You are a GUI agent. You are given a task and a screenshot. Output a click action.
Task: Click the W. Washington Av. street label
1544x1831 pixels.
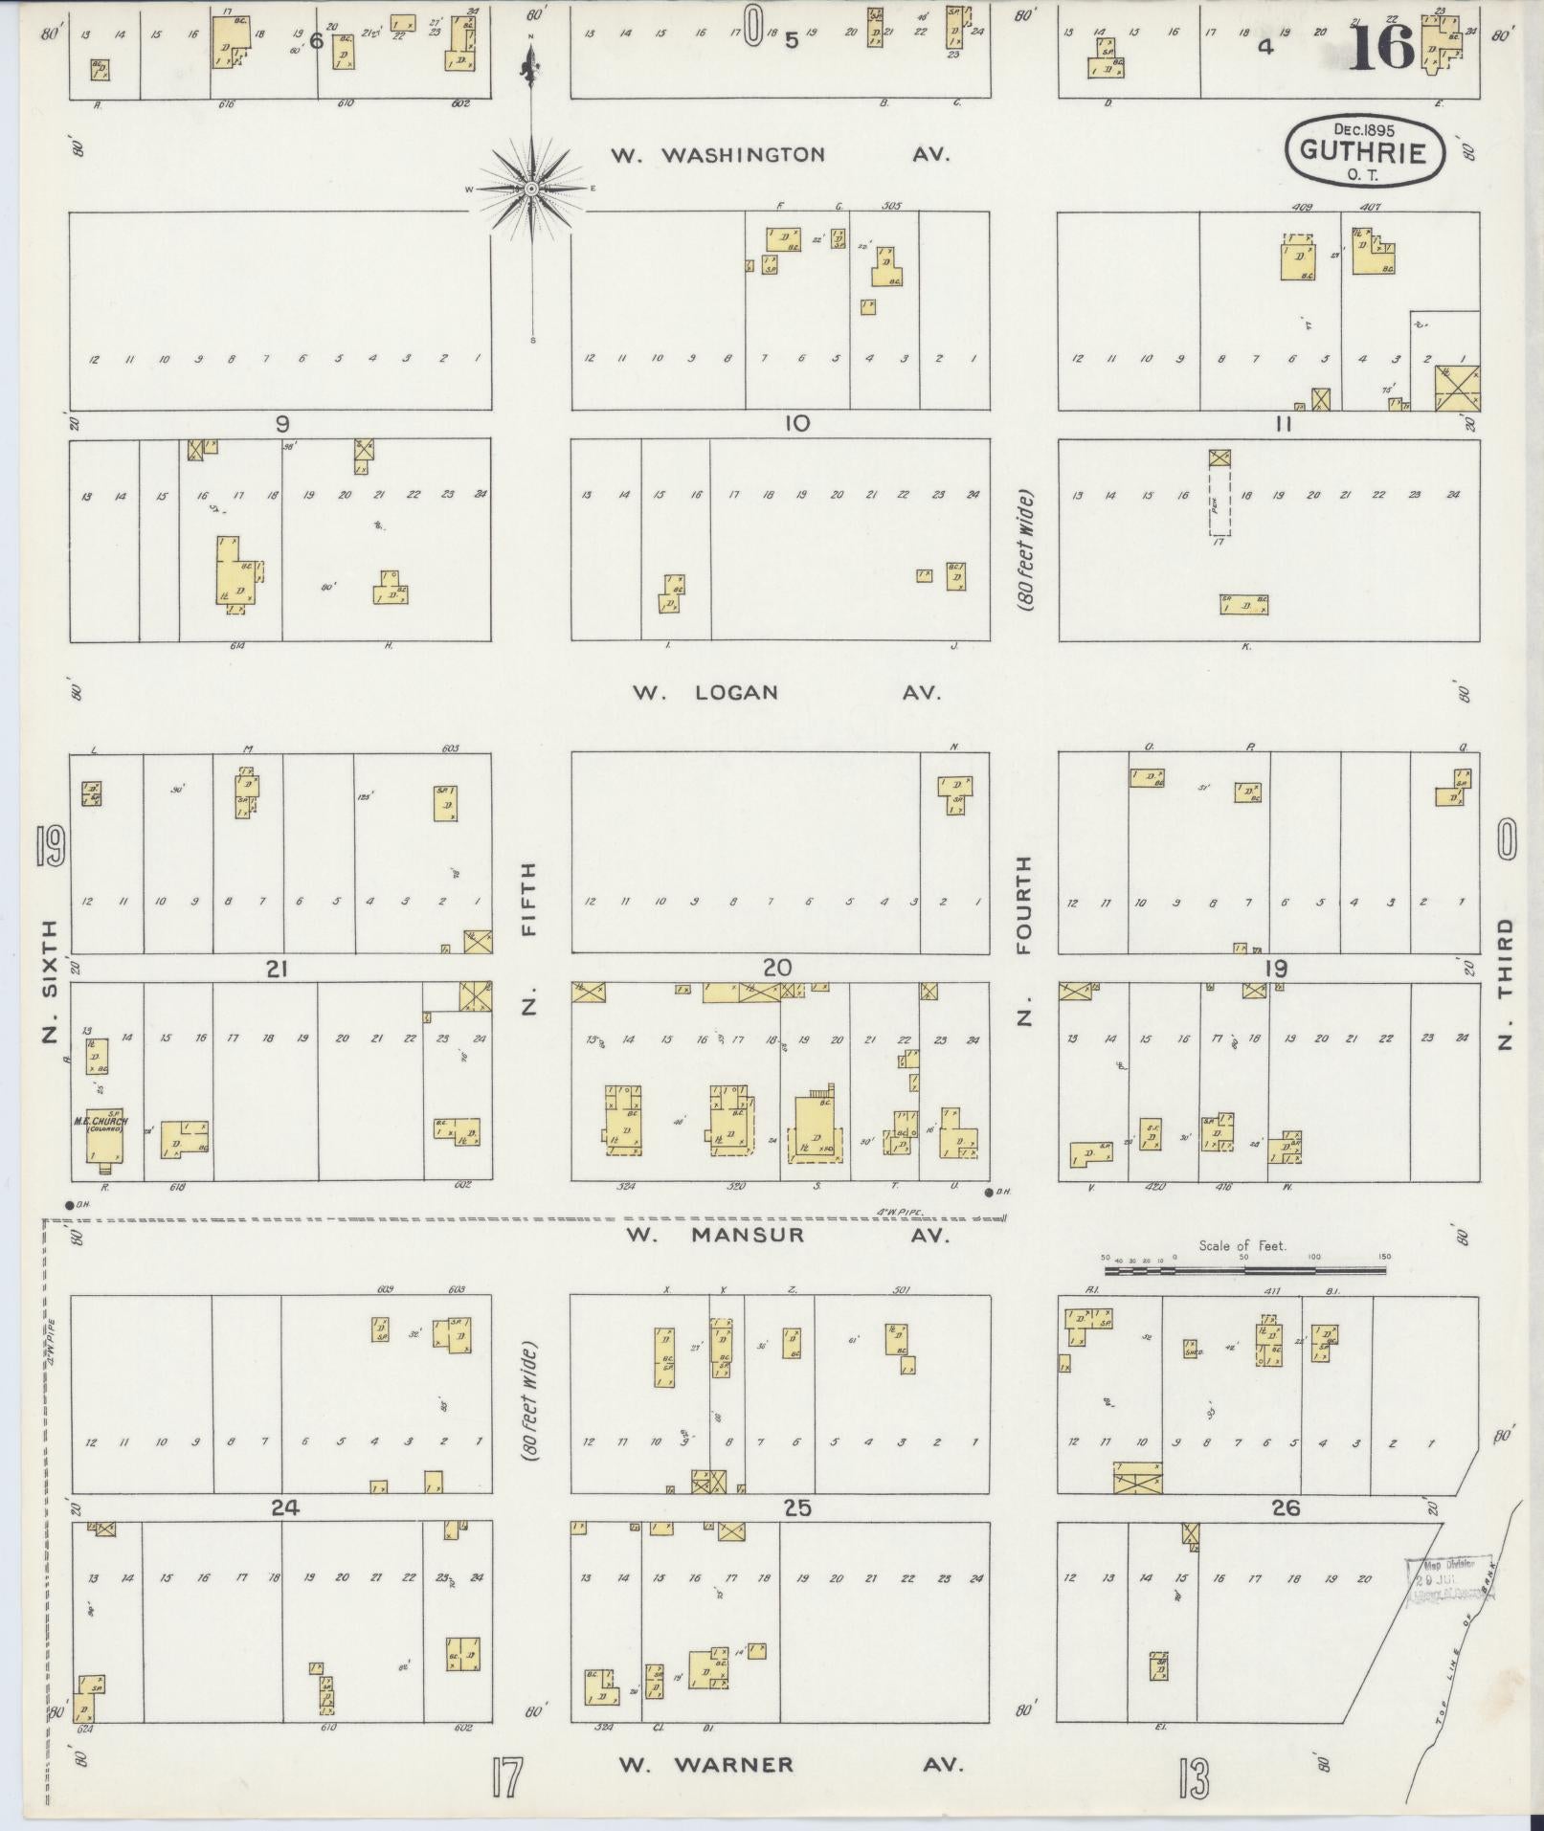(x=780, y=154)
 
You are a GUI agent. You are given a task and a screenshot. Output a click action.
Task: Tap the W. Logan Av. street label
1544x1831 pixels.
(x=785, y=692)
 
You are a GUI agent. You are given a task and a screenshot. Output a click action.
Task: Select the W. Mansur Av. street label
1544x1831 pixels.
(x=787, y=1236)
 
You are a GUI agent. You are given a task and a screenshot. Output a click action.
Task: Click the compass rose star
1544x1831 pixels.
(x=532, y=189)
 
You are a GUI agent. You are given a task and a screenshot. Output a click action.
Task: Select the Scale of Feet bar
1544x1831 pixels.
(x=1244, y=1271)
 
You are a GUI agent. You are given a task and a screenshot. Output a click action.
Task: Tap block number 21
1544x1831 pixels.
(x=277, y=970)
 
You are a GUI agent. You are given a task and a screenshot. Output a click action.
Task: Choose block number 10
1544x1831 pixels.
(x=796, y=424)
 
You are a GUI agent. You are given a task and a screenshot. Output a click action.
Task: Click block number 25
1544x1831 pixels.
(x=796, y=1508)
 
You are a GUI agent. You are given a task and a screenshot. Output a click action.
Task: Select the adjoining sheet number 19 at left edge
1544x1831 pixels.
(x=50, y=846)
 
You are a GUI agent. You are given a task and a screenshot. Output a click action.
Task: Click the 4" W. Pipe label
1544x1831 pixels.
(x=897, y=1213)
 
